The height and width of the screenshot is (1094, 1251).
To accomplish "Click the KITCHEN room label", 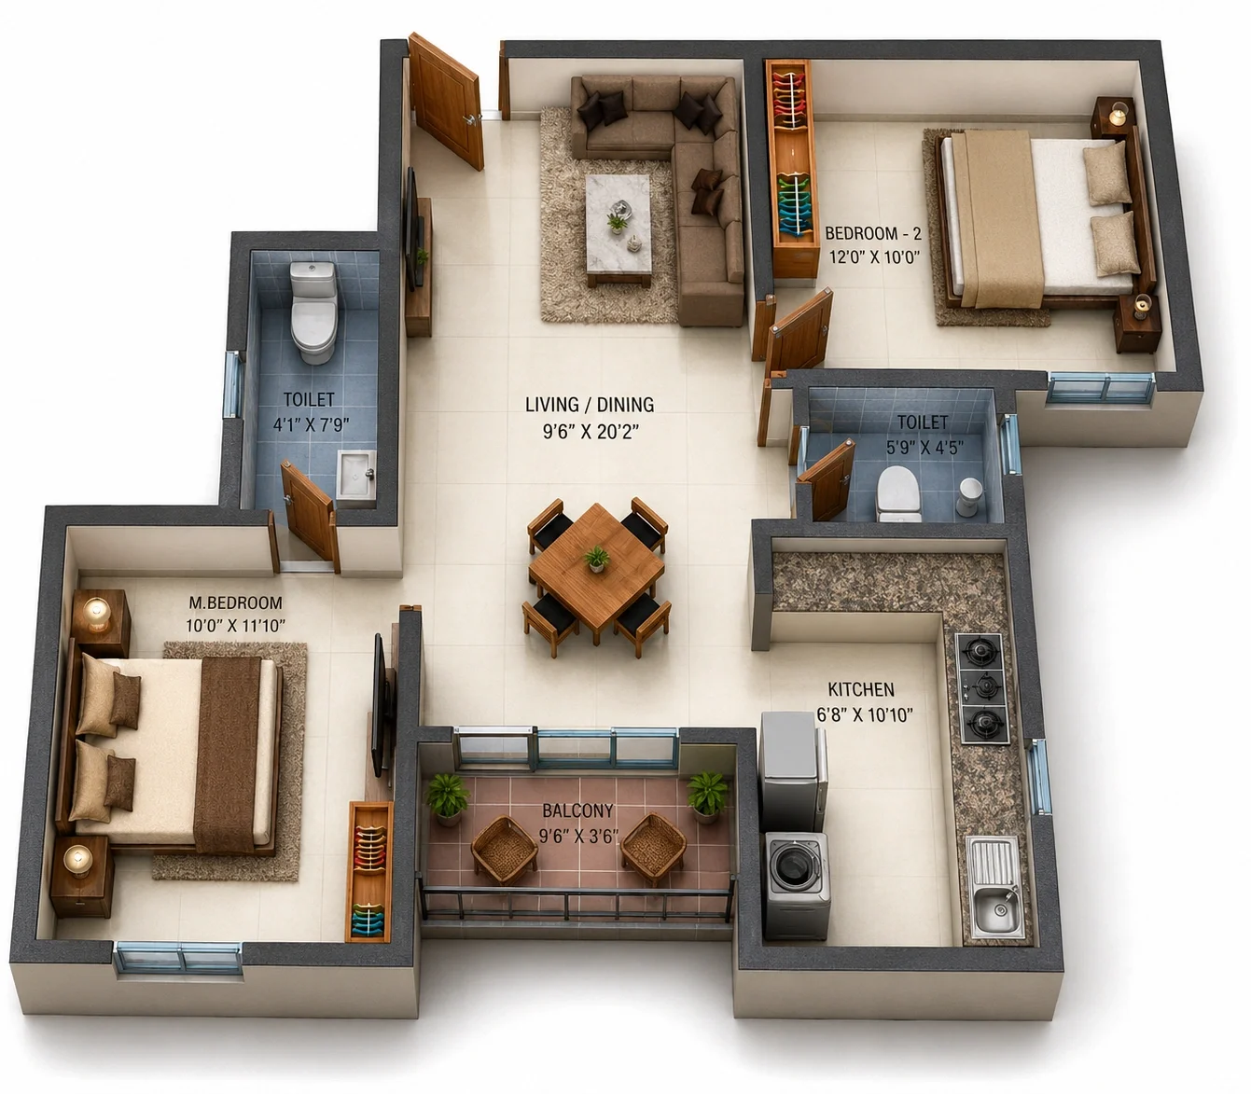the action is pos(861,690).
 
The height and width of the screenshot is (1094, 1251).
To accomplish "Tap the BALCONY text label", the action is pos(577,811).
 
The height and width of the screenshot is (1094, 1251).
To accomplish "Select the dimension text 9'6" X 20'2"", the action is pos(591,432).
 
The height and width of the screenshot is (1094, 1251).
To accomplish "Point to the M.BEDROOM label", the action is pos(235,603).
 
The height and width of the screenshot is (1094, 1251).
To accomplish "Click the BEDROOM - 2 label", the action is pos(873,233).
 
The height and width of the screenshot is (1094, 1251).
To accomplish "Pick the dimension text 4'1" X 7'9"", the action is pos(312,424).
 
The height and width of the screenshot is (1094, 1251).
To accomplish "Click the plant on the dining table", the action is pos(595,559).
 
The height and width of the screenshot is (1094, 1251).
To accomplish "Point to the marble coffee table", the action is pos(619,228).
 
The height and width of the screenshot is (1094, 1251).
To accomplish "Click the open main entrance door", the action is pos(446,101).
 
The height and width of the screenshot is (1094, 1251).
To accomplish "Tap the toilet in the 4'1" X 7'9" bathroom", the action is pos(313,312).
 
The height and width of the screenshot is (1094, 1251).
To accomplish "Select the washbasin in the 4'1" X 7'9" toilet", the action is pos(355,479).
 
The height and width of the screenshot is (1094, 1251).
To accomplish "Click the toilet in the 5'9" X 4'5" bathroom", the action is pos(898,494).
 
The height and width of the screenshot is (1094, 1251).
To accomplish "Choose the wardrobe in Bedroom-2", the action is pos(793,169).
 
